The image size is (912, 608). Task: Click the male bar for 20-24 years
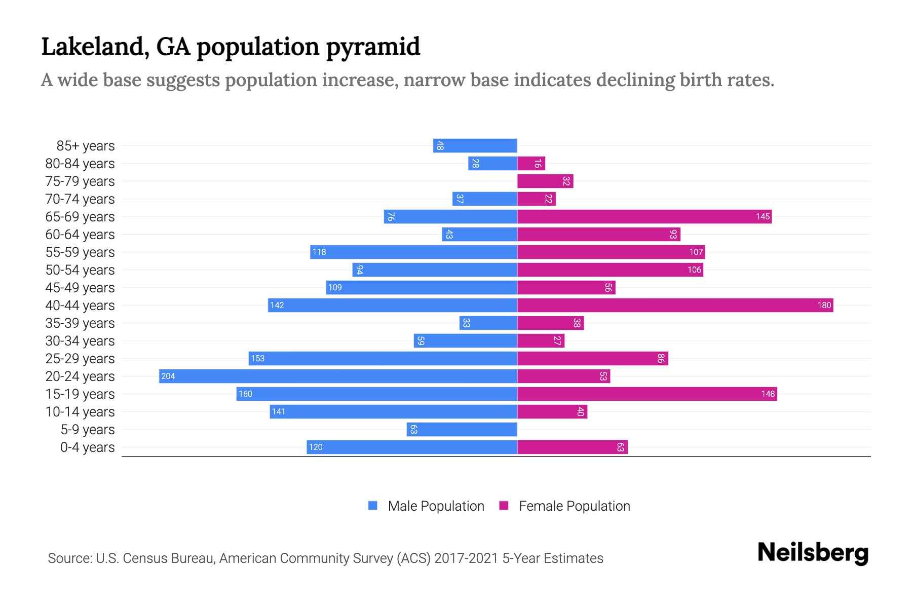pos(338,376)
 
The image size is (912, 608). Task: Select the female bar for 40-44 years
pos(675,305)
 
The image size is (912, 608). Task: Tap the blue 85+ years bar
pos(475,145)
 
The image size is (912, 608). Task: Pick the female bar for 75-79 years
pos(545,181)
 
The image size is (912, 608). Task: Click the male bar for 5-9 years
pos(462,429)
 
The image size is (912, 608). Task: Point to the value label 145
pos(763,217)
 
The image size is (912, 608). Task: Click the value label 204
pos(168,376)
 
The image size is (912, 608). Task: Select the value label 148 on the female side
pos(768,394)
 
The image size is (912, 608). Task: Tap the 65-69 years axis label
pos(80,217)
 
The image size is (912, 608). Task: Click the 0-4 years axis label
pos(87,447)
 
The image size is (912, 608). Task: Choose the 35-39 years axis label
pos(80,323)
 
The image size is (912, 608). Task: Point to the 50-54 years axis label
pos(80,270)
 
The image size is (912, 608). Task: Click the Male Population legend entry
pos(436,506)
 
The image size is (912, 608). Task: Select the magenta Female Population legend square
pos(504,506)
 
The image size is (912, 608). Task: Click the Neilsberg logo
pos(813,553)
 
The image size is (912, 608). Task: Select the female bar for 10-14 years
pos(552,411)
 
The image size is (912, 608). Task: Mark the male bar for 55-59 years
pos(413,252)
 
